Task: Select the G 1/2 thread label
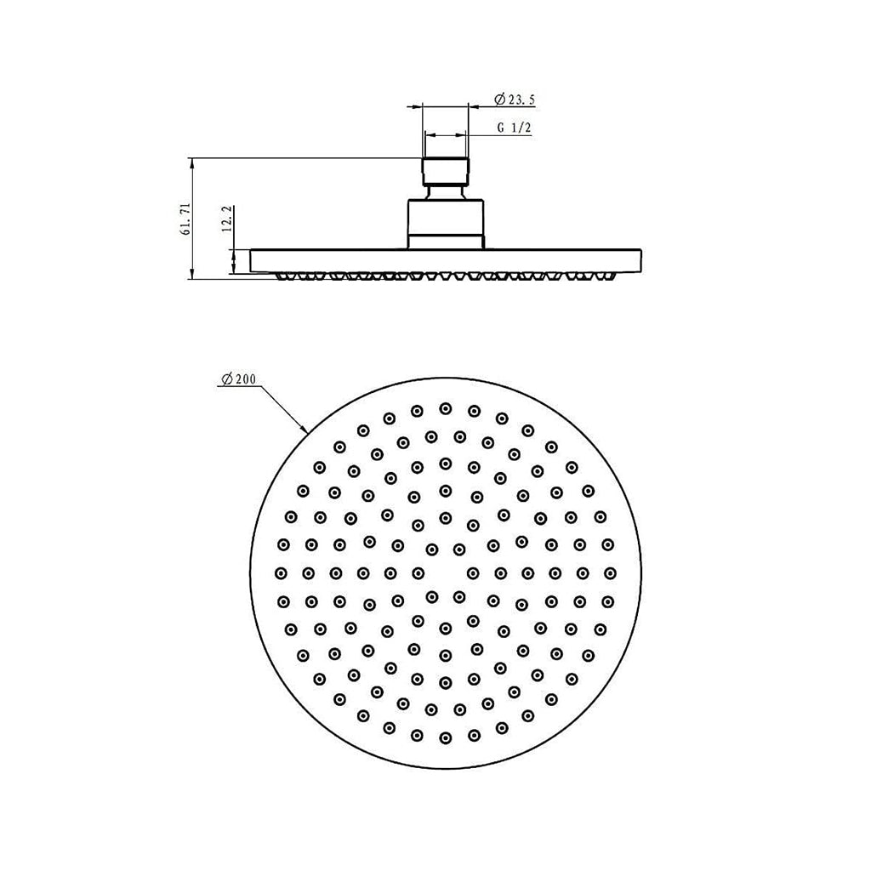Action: [x=515, y=128]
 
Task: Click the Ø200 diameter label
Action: [x=238, y=379]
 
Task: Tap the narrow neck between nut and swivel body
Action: [x=446, y=191]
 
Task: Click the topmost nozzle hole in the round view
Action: [x=445, y=408]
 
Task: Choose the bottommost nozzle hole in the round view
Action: [x=445, y=737]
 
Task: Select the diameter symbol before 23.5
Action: [x=499, y=100]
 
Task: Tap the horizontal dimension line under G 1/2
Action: [x=446, y=135]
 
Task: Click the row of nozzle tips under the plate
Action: [x=446, y=276]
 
